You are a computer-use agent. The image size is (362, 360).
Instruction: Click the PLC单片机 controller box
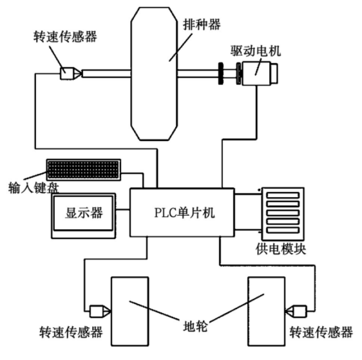point(182,213)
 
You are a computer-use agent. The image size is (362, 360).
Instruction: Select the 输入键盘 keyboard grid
point(83,170)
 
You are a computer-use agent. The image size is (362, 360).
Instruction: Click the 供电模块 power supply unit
point(283,214)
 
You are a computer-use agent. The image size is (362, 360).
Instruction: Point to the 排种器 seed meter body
point(154,73)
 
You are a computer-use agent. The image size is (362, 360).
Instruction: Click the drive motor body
point(260,73)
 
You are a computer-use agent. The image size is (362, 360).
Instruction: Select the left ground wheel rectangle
point(130,311)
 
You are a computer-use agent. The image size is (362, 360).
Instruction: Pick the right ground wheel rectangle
point(267,311)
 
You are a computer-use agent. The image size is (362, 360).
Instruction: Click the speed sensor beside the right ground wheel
point(296,311)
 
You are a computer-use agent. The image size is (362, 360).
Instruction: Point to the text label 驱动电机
point(256,51)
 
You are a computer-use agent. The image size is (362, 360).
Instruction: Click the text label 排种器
point(202,24)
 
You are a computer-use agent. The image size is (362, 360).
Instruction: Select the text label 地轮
point(195,327)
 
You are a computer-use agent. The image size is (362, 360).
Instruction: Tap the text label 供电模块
point(281,249)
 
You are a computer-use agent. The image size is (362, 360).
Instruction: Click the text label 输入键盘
point(33,188)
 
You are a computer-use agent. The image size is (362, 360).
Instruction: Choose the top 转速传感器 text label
point(65,37)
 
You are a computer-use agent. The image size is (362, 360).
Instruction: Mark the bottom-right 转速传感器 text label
point(321,332)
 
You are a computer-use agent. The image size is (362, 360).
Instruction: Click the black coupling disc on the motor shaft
point(220,73)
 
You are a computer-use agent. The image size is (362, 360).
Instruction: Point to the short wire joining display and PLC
point(122,210)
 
